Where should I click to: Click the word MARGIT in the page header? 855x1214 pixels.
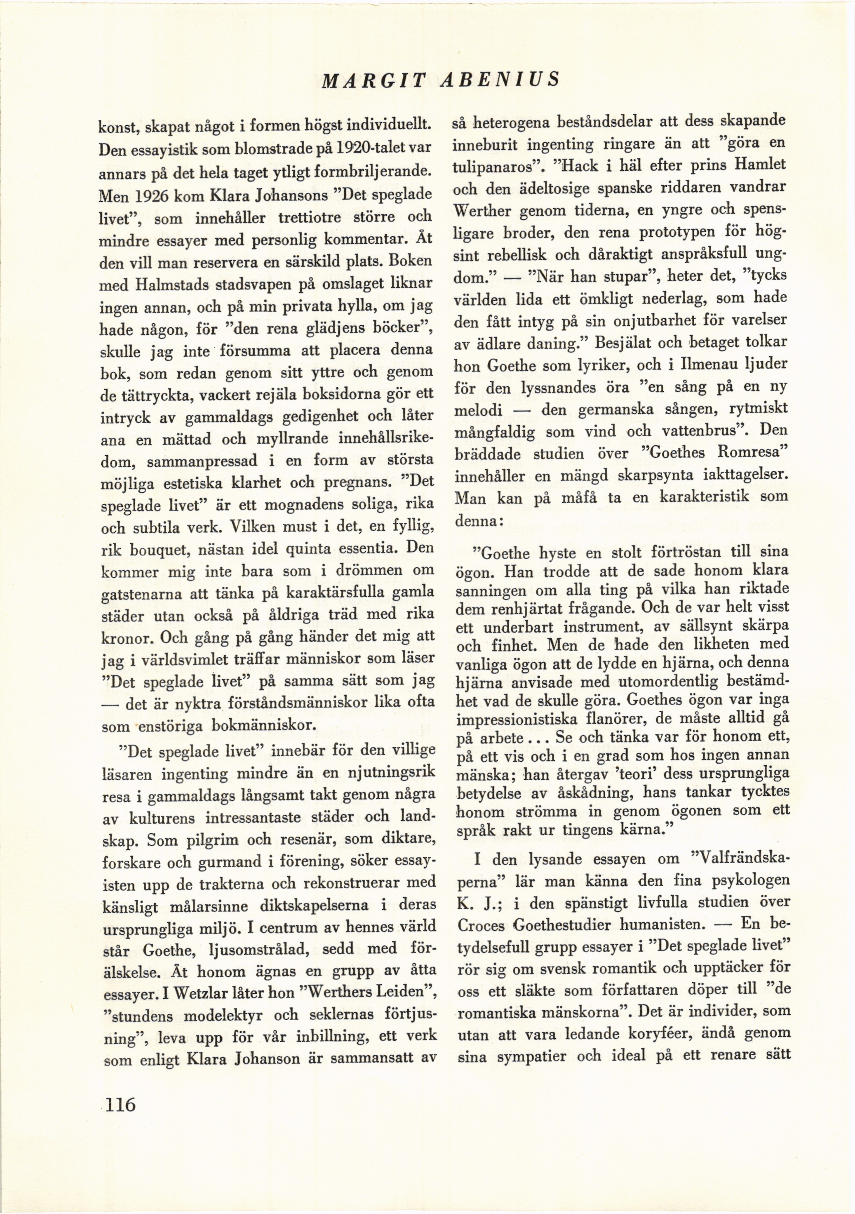373,80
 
